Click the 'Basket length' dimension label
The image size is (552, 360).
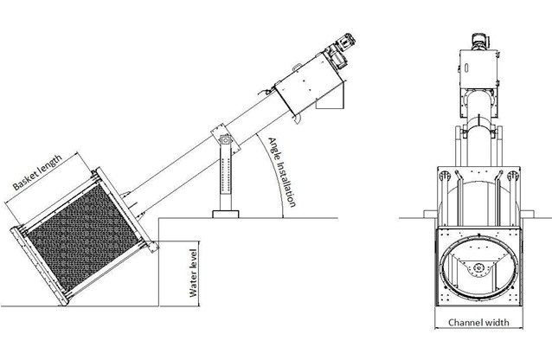pos(37,172)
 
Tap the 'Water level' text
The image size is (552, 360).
pos(193,273)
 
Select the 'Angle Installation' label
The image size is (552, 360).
pos(282,172)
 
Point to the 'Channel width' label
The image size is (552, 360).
pos(478,322)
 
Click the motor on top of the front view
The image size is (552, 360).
pos(478,42)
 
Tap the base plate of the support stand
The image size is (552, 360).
pos(226,214)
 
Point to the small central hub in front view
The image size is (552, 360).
pos(478,267)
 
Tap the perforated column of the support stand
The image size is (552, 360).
pos(226,177)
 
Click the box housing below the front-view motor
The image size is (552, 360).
pos(478,68)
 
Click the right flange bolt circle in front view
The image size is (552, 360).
pos(513,176)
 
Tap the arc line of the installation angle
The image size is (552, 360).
pos(274,169)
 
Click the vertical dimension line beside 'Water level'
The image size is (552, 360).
pos(200,273)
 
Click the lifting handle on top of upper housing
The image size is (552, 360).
pos(297,67)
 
